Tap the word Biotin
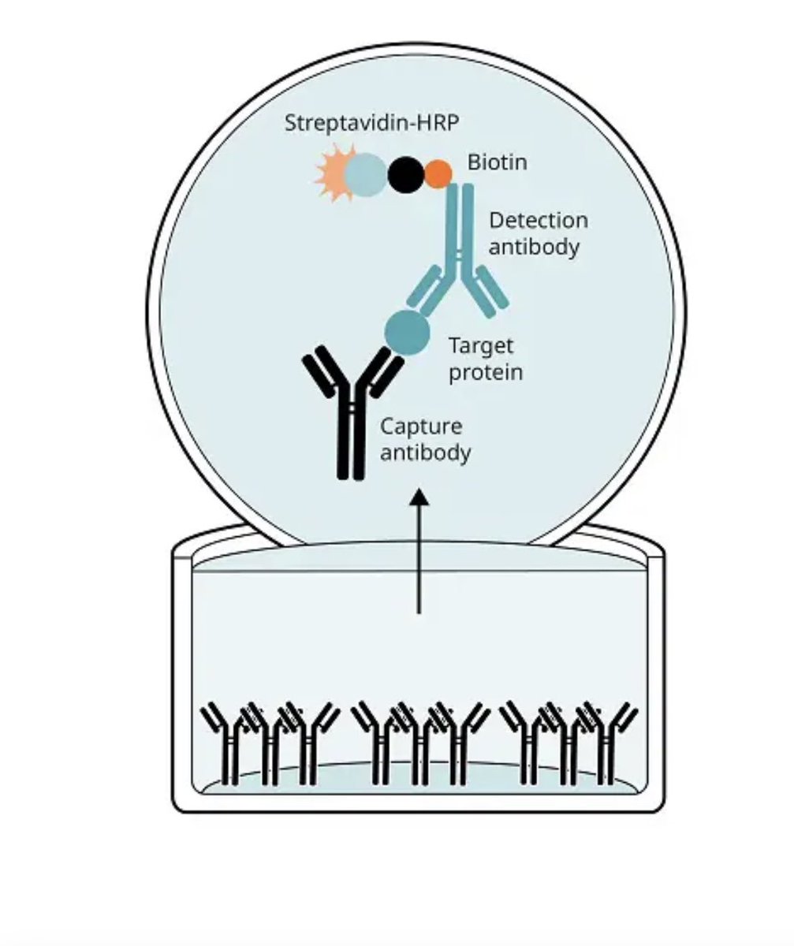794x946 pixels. pos(497,162)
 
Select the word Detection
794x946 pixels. pos(539,221)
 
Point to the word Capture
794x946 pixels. pos(421,426)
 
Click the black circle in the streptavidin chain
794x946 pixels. pos(406,174)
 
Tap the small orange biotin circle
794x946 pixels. pos(438,173)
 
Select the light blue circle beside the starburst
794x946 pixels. pos(366,174)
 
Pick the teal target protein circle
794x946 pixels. pos(407,330)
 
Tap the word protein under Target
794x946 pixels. pos(486,371)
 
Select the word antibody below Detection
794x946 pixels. pos(534,247)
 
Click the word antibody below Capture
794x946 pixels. pos(425,453)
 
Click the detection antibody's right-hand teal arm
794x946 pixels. pos(490,292)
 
